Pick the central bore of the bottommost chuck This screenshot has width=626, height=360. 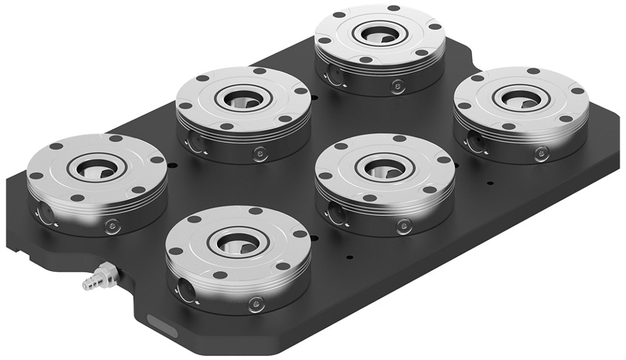239,241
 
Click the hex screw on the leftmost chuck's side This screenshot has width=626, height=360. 113,225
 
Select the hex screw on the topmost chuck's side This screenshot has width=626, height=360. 396,86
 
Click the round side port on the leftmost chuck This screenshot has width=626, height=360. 44,214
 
